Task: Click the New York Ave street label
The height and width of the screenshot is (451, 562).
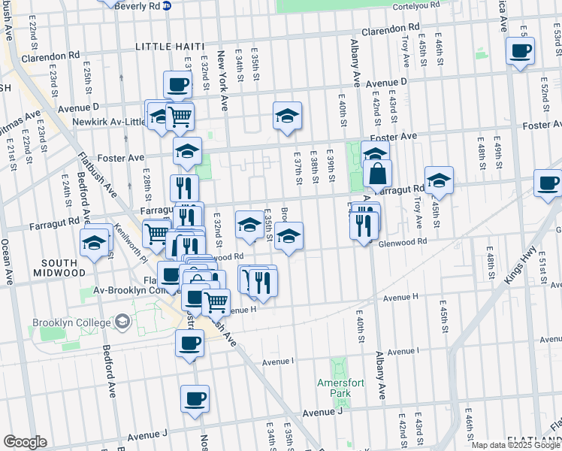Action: [222, 80]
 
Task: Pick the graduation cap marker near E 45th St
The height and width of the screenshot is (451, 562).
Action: [439, 180]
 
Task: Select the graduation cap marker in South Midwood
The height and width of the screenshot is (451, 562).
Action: [95, 242]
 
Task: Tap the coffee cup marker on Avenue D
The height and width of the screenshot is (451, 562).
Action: [177, 83]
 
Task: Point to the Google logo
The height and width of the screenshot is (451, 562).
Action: [25, 442]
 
